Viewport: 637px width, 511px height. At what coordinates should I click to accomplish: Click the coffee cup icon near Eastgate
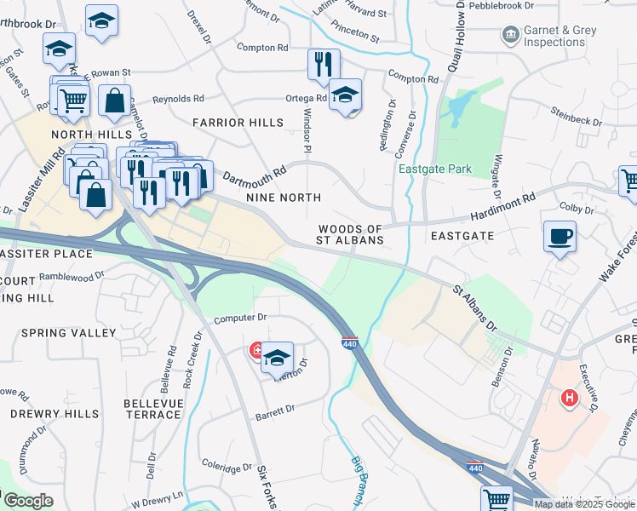[560, 237]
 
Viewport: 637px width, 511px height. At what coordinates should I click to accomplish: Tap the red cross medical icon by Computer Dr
[255, 350]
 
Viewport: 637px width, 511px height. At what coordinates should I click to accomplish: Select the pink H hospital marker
[568, 398]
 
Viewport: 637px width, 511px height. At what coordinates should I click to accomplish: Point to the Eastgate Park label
[435, 169]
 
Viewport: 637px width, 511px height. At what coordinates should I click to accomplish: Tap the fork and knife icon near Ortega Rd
[324, 64]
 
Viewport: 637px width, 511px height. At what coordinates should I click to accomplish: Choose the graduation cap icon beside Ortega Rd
[346, 95]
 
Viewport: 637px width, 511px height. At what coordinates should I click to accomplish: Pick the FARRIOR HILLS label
[238, 123]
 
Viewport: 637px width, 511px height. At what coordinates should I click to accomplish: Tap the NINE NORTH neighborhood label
[284, 198]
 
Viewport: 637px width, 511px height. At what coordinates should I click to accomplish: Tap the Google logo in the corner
[27, 501]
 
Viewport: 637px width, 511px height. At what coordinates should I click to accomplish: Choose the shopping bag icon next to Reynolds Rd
[114, 100]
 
